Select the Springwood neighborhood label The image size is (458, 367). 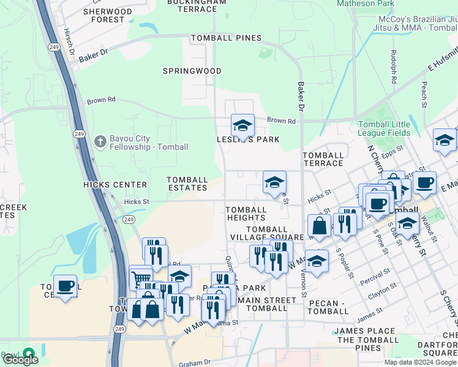click(192, 71)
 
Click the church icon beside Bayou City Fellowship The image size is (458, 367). click(100, 142)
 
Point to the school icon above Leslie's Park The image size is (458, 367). click(242, 127)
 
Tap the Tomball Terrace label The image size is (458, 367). click(323, 160)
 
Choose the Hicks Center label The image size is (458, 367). click(115, 185)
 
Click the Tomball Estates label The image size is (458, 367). click(187, 183)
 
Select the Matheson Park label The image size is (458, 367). click(366, 4)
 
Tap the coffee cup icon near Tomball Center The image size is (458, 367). click(65, 286)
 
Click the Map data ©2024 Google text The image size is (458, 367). click(419, 362)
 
